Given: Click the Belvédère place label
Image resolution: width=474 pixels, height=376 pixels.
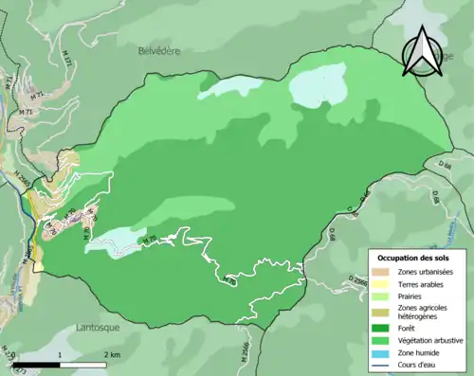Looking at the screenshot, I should coord(158,48).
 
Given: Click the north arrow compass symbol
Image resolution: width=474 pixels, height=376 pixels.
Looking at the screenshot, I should coord(421,51).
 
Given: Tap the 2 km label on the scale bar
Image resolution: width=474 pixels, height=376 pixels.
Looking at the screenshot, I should coord(112,354).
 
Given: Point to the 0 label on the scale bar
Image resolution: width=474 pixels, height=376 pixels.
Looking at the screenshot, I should coord(13,354).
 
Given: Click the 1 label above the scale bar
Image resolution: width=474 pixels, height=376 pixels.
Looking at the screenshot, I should coord(61,354).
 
